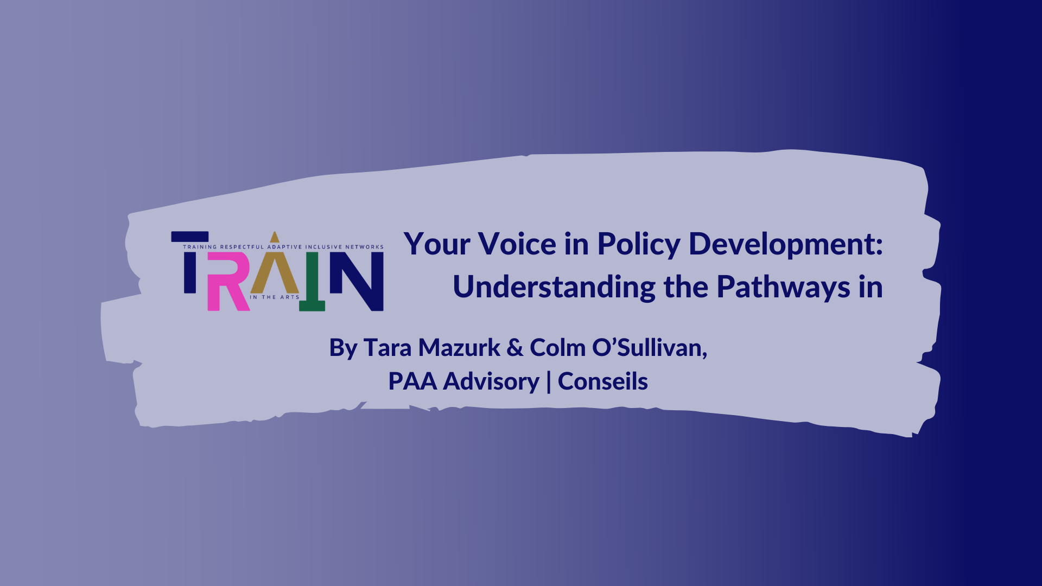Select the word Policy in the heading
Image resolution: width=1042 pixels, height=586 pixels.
639,246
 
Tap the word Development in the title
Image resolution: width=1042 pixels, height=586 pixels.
786,246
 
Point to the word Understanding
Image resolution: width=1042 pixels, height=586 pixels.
554,288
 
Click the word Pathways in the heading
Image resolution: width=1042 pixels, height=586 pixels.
783,288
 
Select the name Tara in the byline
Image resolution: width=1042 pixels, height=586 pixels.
387,348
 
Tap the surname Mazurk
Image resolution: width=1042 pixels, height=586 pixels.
459,348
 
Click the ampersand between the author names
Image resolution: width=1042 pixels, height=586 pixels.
515,348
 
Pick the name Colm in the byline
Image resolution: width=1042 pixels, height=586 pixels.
558,348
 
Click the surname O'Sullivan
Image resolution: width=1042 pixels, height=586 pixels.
650,348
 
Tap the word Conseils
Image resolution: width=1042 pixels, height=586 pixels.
603,381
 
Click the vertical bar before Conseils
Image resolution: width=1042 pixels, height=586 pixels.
549,381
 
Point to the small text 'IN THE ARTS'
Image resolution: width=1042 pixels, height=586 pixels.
275,297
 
